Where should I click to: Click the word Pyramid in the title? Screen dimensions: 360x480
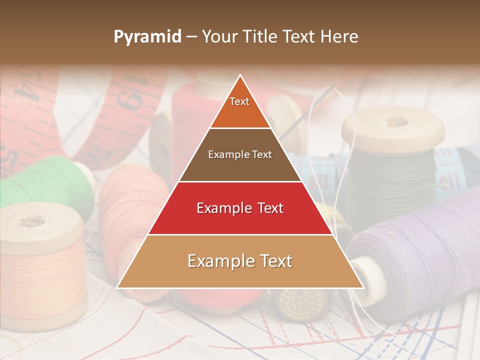click(147, 37)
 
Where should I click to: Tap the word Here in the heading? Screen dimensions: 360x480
click(339, 37)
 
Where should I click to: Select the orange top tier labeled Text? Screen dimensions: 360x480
click(239, 107)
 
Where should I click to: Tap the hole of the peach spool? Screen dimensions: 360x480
click(31, 220)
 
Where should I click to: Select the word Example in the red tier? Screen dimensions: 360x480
click(218, 208)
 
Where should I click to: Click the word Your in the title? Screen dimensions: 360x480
click(219, 37)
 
